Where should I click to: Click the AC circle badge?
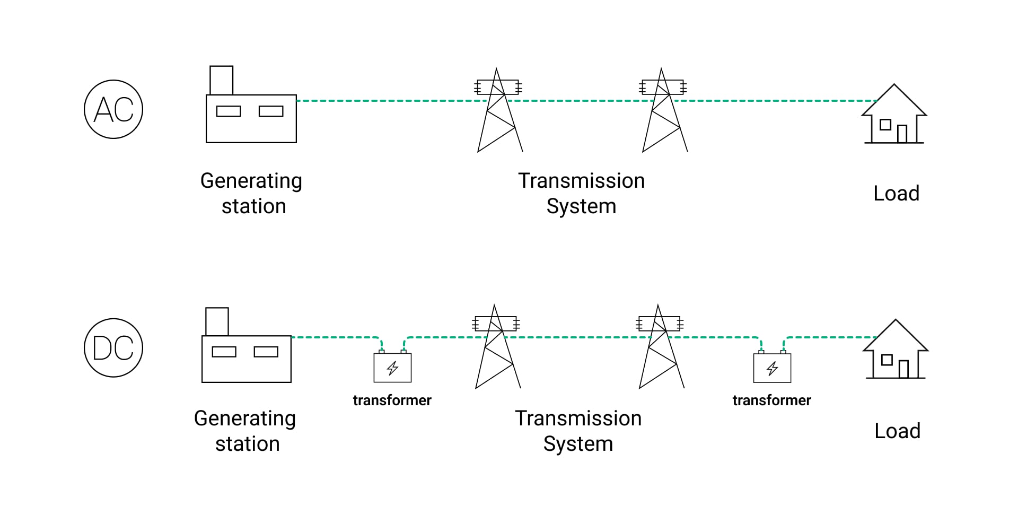(113, 109)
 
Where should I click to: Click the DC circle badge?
(113, 348)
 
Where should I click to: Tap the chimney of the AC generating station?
(221, 80)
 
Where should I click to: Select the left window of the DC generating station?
(224, 352)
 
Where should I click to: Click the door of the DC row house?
(903, 369)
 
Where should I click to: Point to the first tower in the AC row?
(499, 111)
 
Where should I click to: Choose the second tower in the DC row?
(661, 348)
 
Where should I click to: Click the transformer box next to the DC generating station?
(392, 368)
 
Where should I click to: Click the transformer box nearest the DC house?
(772, 368)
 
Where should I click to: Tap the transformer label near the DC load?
(771, 400)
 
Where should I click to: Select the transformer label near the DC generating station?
(392, 400)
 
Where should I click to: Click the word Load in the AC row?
(896, 193)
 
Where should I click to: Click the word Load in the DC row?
(897, 431)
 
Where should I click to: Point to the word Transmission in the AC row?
(581, 181)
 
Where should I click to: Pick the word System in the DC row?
(578, 444)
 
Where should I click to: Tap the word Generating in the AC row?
(251, 181)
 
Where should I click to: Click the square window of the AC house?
(885, 125)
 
